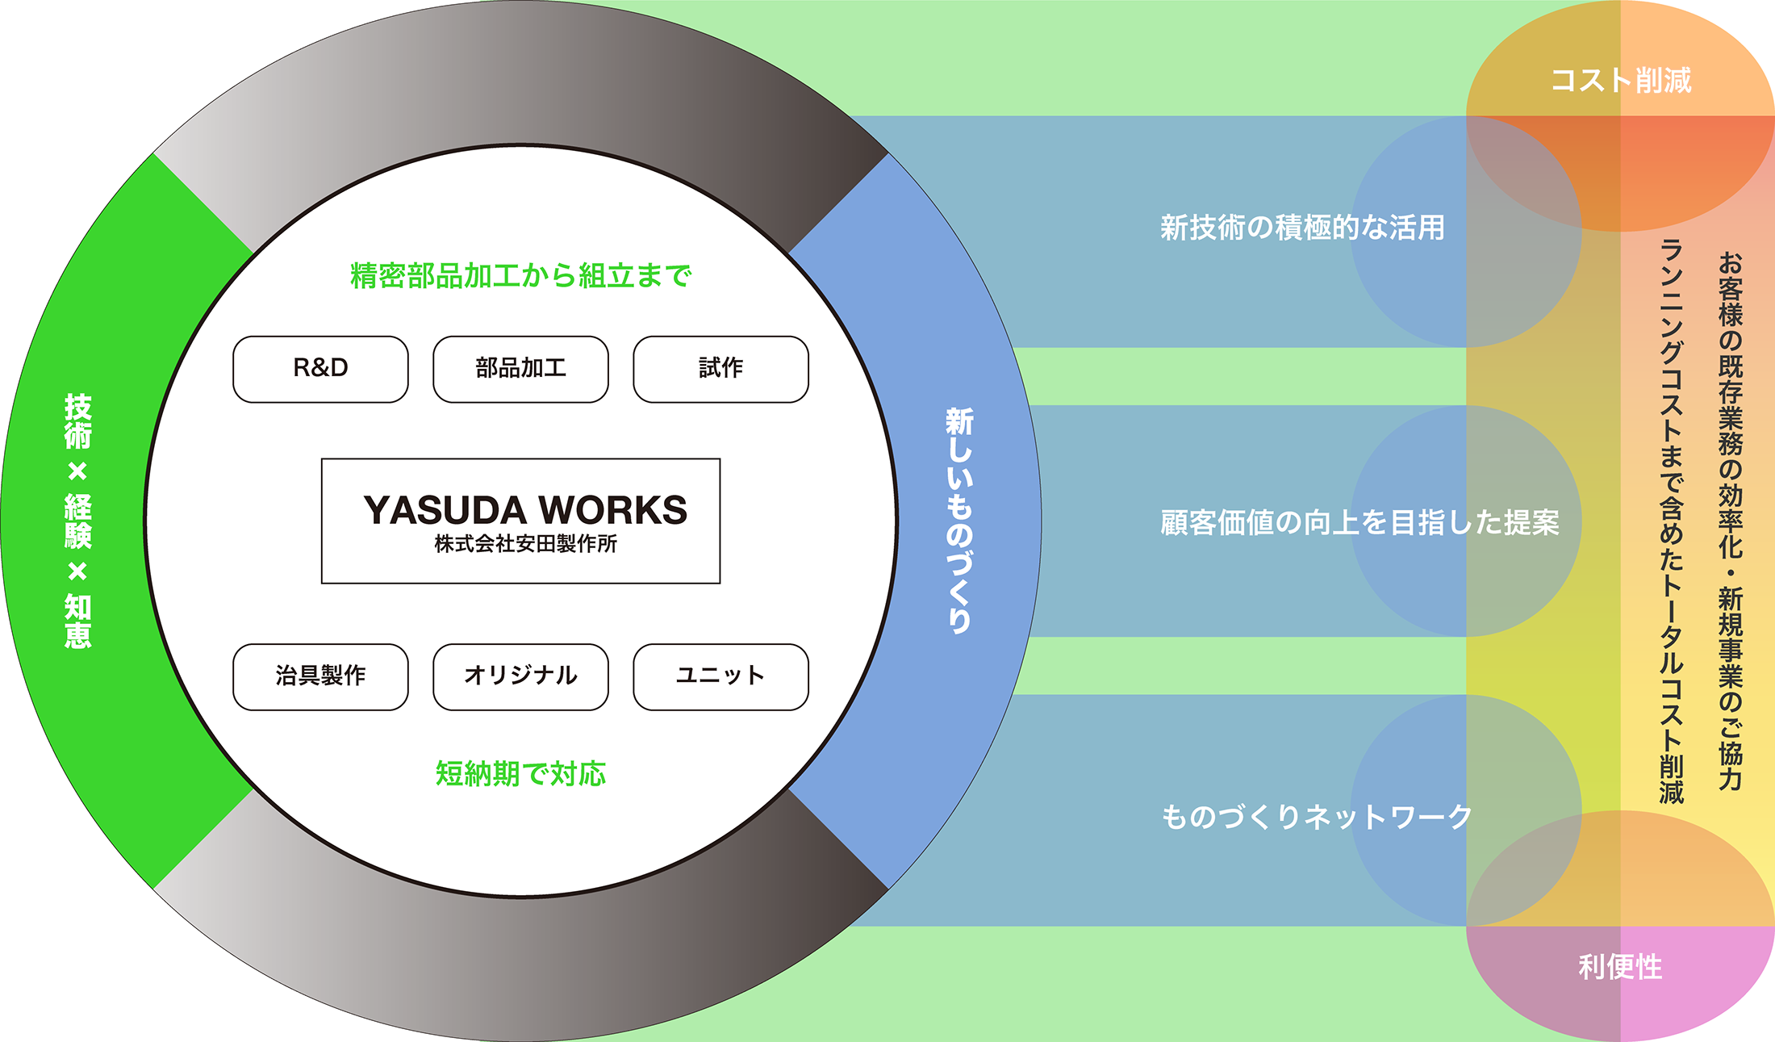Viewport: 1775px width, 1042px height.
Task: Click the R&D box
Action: [320, 369]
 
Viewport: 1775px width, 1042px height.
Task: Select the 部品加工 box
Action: [520, 369]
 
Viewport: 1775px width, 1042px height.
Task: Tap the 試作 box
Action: [720, 369]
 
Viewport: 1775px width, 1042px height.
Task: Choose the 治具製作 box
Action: [320, 676]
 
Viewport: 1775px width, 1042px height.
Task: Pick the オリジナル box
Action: [520, 676]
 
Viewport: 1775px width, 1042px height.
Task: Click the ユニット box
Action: [720, 676]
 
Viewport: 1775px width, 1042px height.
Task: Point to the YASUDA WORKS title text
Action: [524, 510]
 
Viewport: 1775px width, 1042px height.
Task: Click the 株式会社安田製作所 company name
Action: [525, 545]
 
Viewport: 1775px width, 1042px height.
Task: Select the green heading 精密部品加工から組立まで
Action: [520, 276]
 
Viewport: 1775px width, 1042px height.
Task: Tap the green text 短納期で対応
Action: [520, 774]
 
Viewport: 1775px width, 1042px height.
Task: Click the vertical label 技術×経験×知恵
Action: [78, 521]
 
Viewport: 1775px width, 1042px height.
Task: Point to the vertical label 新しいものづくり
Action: [959, 521]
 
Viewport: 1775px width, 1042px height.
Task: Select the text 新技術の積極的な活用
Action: [1302, 228]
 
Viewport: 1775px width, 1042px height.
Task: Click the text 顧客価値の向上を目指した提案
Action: [1359, 523]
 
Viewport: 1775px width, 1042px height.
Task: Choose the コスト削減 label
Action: [1621, 81]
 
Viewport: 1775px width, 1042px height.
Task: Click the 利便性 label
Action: [1620, 967]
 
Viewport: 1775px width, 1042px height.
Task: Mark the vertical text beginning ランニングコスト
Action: [1672, 521]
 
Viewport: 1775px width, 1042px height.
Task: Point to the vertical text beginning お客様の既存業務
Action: [1731, 521]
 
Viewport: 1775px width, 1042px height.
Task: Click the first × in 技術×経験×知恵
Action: [78, 471]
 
